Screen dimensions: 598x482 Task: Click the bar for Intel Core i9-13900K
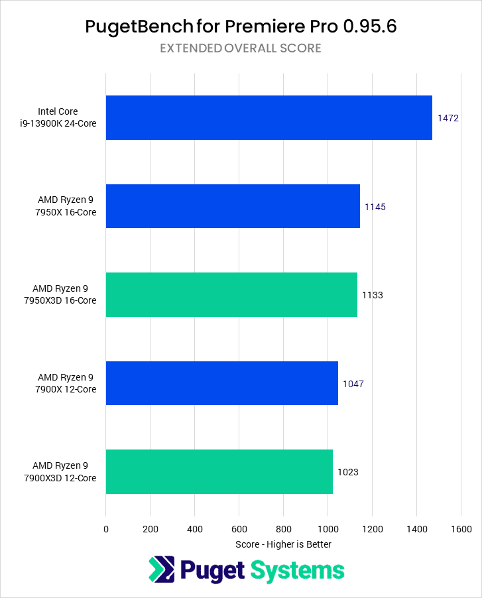tap(269, 117)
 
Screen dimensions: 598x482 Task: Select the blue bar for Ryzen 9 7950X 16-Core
tap(233, 206)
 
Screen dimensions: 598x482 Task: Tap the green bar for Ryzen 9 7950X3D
tap(231, 294)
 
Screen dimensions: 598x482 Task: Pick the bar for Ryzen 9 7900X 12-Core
tap(221, 383)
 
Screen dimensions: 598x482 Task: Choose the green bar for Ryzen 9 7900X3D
tap(219, 471)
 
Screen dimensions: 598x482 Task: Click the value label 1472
tap(448, 118)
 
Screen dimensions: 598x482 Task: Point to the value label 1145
tap(375, 207)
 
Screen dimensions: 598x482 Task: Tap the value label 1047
tap(353, 383)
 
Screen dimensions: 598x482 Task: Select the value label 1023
tap(347, 472)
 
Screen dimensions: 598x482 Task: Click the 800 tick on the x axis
tap(283, 529)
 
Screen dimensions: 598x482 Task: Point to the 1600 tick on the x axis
tap(461, 529)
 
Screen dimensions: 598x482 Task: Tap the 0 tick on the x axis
tap(106, 529)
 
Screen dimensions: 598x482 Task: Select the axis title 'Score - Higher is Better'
tap(283, 544)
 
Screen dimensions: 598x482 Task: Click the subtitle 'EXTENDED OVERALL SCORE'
tap(241, 48)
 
